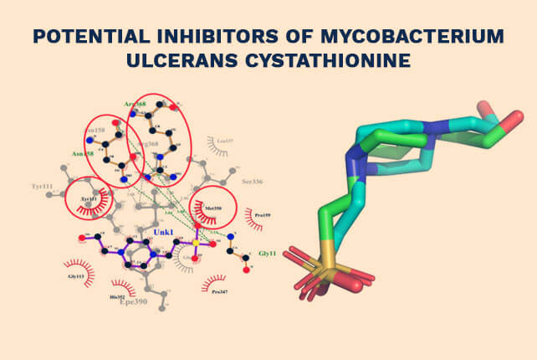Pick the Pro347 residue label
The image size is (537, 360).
pyautogui.click(x=220, y=291)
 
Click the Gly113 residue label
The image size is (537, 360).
pyautogui.click(x=77, y=275)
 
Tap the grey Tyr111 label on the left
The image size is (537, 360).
pyautogui.click(x=42, y=185)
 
